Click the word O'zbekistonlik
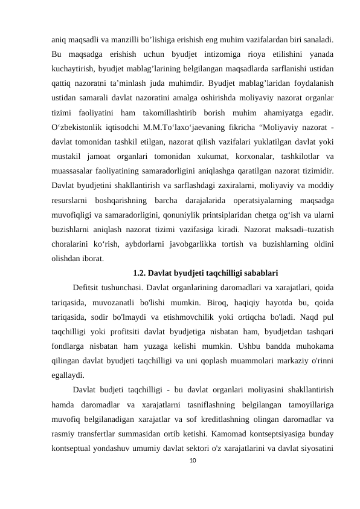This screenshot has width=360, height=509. tap(75, 128)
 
